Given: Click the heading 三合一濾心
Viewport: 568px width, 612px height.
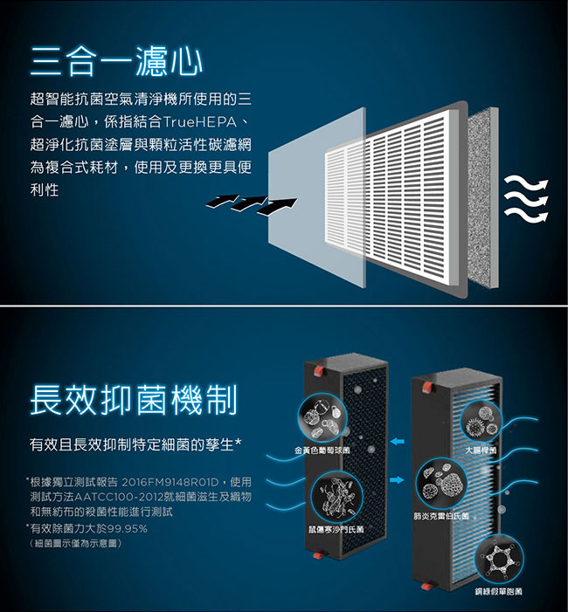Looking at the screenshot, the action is click(x=116, y=61).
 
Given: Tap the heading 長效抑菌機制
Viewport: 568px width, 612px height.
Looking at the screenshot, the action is click(x=134, y=400).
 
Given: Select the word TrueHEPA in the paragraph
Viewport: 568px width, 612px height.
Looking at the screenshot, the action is click(x=200, y=122).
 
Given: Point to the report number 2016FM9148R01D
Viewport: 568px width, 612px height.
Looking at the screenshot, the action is click(x=170, y=483).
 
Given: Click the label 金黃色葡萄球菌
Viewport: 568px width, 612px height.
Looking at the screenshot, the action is click(x=322, y=450).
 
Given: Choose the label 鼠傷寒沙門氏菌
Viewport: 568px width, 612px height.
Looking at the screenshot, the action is click(x=336, y=529).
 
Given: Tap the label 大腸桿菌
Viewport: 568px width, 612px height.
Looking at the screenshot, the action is click(x=481, y=450).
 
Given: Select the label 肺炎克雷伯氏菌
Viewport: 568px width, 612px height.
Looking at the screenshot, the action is click(x=441, y=516).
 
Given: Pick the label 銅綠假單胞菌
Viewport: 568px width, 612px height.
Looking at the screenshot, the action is click(x=498, y=592).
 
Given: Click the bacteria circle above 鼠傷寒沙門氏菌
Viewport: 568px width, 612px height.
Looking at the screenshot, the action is click(x=336, y=497).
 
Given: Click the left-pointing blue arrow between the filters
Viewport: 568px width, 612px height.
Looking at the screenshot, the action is click(x=398, y=442).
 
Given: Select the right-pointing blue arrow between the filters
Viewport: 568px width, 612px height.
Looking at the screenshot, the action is click(x=398, y=479).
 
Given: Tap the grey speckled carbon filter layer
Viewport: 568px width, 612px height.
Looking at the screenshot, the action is click(x=483, y=198).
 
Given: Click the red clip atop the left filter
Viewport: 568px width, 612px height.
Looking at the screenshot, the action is click(x=318, y=372).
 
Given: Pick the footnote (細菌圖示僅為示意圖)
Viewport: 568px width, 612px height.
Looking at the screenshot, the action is click(x=76, y=543).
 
